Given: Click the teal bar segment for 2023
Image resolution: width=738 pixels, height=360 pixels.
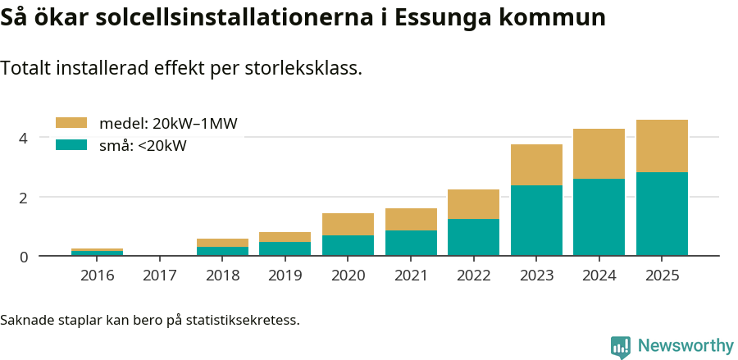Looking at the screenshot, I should pyautogui.click(x=536, y=220).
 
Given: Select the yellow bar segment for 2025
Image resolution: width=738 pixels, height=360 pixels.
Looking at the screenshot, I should pyautogui.click(x=662, y=146).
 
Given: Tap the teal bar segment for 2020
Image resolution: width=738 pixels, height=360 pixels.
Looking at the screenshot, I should pyautogui.click(x=348, y=245).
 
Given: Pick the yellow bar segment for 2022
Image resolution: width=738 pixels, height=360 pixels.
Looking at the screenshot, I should pyautogui.click(x=473, y=204).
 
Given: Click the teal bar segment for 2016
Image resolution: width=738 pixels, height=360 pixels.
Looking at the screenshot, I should pyautogui.click(x=97, y=253).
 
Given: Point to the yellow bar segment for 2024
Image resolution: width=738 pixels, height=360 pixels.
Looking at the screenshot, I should pyautogui.click(x=599, y=153).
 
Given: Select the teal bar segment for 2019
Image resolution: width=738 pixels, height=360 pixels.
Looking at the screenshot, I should pyautogui.click(x=285, y=248).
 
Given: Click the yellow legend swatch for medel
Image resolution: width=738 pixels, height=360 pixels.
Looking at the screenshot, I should pyautogui.click(x=71, y=123).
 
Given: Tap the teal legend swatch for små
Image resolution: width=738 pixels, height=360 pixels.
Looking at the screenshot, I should pyautogui.click(x=71, y=145).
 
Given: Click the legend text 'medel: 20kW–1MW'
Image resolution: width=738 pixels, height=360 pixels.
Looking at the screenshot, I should pyautogui.click(x=168, y=124).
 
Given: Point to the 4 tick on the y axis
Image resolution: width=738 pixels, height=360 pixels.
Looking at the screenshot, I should pyautogui.click(x=24, y=138).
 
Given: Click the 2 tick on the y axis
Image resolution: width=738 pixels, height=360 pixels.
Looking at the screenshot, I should pyautogui.click(x=24, y=198).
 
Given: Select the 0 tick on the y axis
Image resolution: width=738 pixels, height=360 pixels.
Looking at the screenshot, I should pyautogui.click(x=24, y=257).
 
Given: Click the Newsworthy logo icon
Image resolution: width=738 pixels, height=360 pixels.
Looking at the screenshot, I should pyautogui.click(x=621, y=347).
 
